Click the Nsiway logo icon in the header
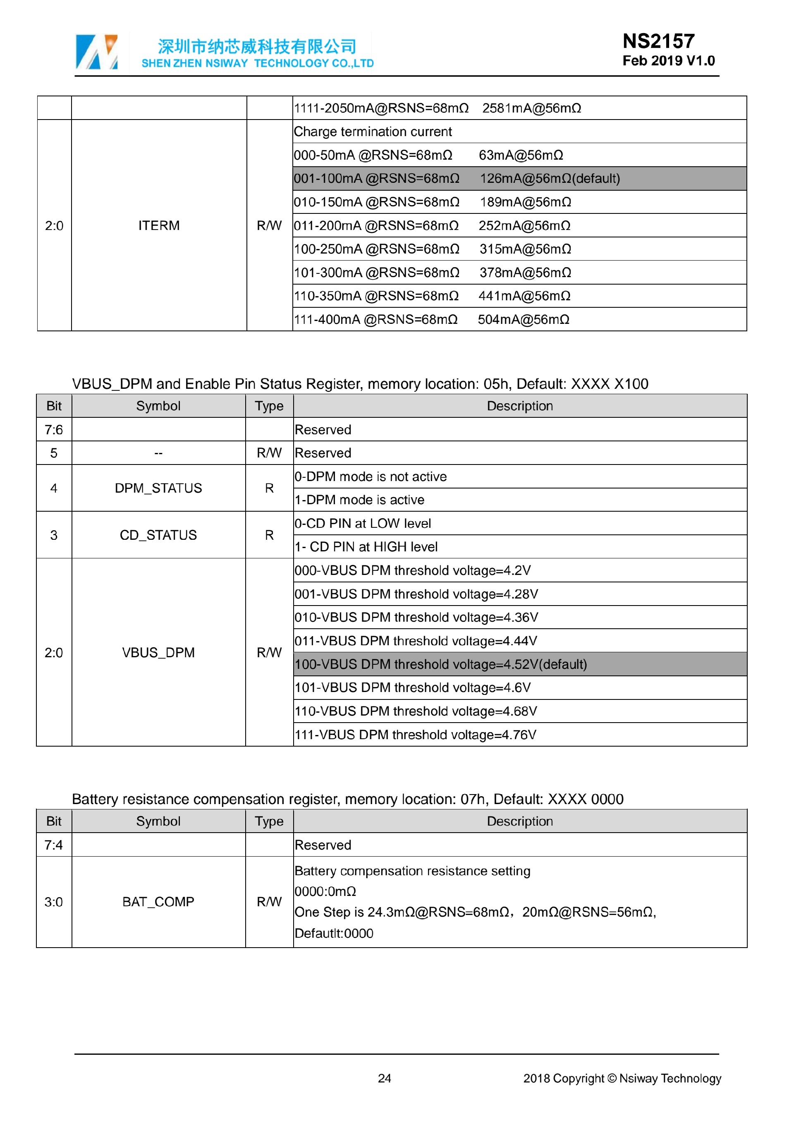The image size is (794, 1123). tap(97, 52)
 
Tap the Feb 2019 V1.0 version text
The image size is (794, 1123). tap(668, 61)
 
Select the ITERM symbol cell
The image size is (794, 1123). tap(159, 225)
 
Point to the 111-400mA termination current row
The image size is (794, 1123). tap(431, 319)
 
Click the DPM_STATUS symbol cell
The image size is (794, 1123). tap(158, 488)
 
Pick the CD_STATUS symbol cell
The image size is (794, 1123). tap(158, 535)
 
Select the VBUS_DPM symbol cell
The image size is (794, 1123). tap(158, 652)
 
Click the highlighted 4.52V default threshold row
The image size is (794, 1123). tap(440, 664)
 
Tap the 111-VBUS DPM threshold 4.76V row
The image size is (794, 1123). tap(416, 735)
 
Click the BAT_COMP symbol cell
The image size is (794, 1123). tap(158, 901)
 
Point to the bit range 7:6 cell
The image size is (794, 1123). tap(54, 429)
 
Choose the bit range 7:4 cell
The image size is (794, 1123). tap(54, 845)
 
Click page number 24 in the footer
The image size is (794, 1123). tap(384, 1078)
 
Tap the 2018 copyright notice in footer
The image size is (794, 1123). tap(622, 1078)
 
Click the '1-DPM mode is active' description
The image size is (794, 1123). tap(359, 500)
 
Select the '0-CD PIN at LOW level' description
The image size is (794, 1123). tap(363, 523)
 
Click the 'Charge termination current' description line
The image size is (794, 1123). tap(373, 132)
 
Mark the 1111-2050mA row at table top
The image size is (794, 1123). tap(437, 108)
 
